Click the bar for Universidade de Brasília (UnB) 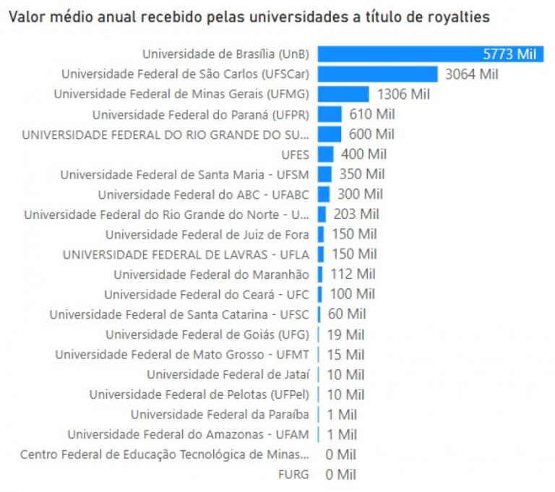tap(430, 54)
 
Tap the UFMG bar tap(343, 94)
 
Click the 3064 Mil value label tap(472, 74)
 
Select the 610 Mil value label tap(372, 114)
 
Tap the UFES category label tap(295, 155)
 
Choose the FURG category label tap(293, 475)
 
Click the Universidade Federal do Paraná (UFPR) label tap(200, 114)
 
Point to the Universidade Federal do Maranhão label tap(211, 275)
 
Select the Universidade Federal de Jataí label tap(228, 374)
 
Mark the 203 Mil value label tap(356, 215)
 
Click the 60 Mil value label tap(347, 314)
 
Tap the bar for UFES tap(326, 154)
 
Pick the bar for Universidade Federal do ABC tap(324, 194)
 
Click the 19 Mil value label tap(345, 335)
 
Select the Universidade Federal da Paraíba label tap(220, 415)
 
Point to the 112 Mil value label tap(353, 275)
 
